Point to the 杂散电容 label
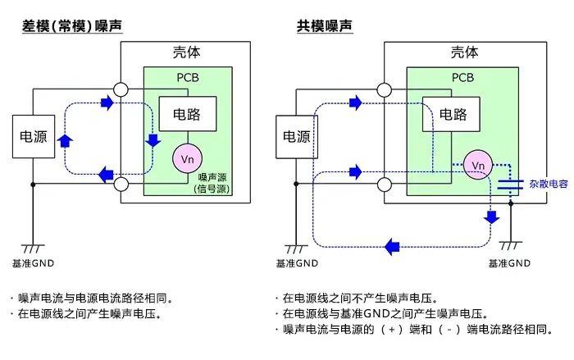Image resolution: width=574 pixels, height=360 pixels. pyautogui.click(x=548, y=185)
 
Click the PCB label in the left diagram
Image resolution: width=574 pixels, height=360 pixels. pyautogui.click(x=188, y=79)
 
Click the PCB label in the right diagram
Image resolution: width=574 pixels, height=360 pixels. pyautogui.click(x=464, y=79)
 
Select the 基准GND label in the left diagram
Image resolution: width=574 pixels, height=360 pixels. pyautogui.click(x=34, y=264)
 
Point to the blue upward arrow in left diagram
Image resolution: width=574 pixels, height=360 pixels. pyautogui.click(x=66, y=140)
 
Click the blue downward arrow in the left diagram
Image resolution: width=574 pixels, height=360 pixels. pyautogui.click(x=152, y=139)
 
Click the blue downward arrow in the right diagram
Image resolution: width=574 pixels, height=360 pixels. pyautogui.click(x=492, y=216)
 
